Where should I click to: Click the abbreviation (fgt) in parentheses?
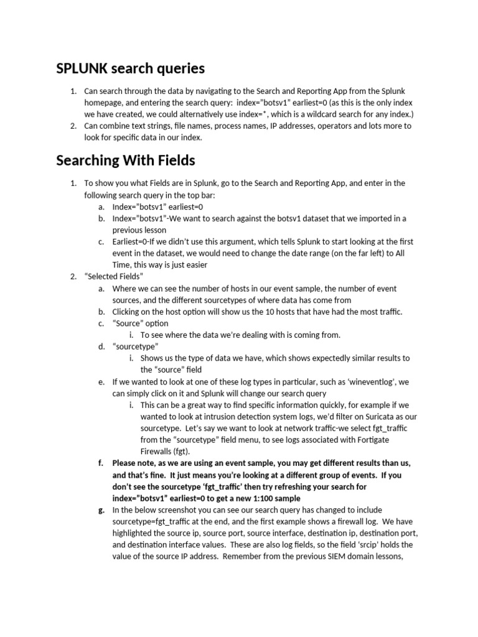(180, 452)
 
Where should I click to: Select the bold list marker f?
(101, 464)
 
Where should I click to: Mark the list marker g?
(101, 511)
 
